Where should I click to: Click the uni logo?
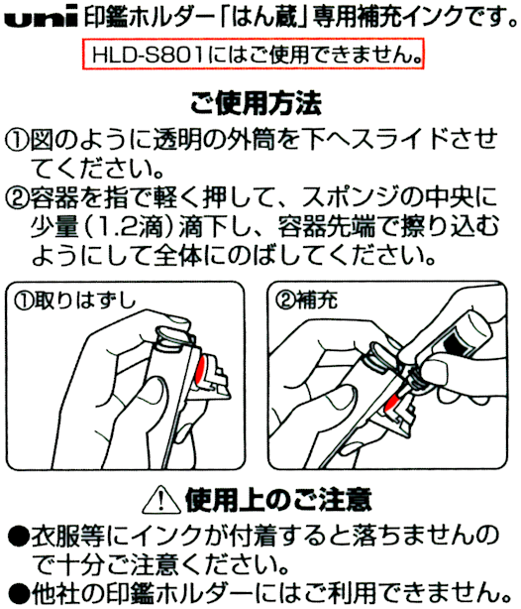click(42, 17)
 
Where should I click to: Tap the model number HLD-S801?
click(148, 55)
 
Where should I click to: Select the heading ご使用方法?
click(256, 104)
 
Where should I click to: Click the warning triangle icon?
click(161, 499)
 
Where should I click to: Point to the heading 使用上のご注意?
click(278, 500)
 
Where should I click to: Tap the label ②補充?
click(306, 301)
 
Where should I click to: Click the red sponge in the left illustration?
click(201, 371)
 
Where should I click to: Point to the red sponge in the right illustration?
click(393, 403)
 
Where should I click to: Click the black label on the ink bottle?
click(457, 342)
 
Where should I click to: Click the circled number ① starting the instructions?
click(16, 140)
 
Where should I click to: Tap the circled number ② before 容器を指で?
click(16, 198)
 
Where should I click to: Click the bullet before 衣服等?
click(18, 537)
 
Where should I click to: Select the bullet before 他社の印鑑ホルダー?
click(18, 594)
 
